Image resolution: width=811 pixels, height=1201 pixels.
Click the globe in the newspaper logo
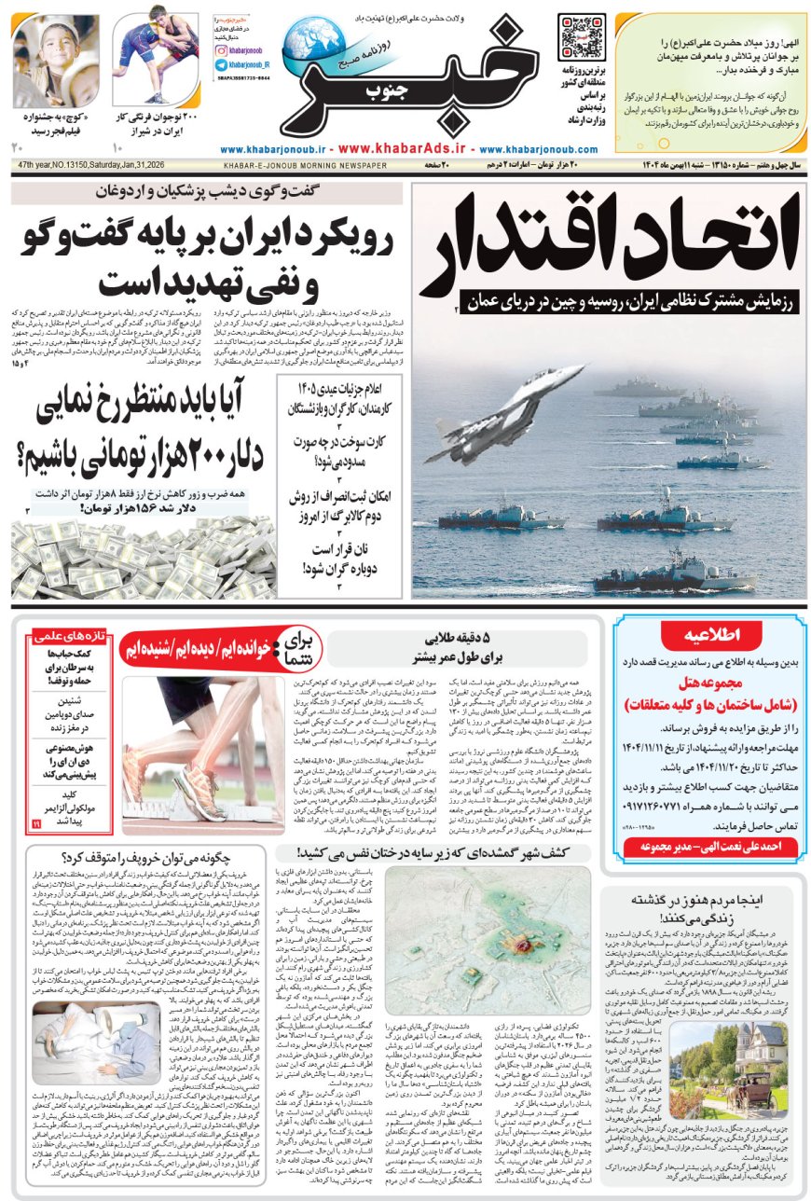pyautogui.click(x=313, y=42)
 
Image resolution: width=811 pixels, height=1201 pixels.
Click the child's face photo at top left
pyautogui.click(x=56, y=61)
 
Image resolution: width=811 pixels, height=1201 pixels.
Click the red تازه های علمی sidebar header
pyautogui.click(x=71, y=636)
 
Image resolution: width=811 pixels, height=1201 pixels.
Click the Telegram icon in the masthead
pyautogui.click(x=221, y=65)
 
